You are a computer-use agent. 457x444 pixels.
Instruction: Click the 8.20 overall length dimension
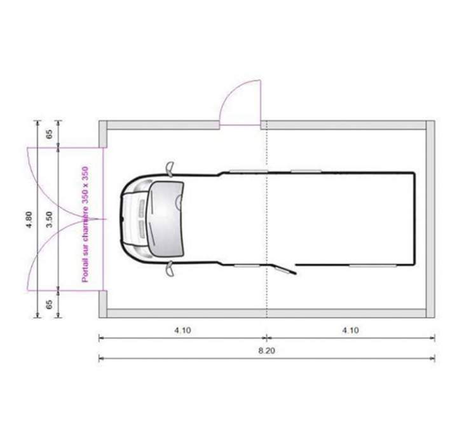266,350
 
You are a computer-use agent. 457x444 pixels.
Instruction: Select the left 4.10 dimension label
183,330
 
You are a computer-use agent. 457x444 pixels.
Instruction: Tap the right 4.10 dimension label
350,330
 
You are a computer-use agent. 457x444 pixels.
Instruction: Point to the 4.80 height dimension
29,219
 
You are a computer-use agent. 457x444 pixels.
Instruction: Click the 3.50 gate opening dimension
49,219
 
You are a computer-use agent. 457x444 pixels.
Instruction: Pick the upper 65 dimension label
50,134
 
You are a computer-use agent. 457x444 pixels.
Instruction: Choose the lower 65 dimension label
50,304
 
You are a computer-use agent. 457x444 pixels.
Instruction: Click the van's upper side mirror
170,169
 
